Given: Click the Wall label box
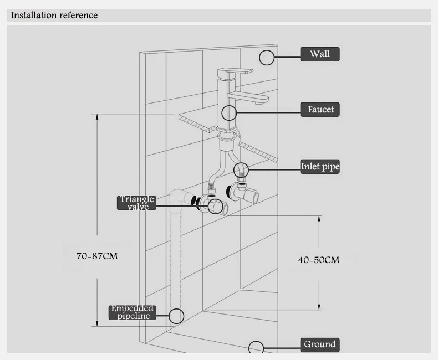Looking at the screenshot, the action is (320, 54).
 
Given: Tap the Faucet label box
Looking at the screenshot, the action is (320, 110).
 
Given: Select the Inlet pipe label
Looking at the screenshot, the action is (320, 167).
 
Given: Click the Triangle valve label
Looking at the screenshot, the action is (136, 203).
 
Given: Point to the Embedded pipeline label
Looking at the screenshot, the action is (132, 312).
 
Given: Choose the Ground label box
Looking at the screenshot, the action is (320, 344).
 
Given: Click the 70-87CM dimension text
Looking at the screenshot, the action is (97, 256).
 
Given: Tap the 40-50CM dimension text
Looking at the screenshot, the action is (319, 260).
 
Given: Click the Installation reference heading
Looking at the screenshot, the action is (54, 15).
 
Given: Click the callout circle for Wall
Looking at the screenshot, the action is (267, 50).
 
